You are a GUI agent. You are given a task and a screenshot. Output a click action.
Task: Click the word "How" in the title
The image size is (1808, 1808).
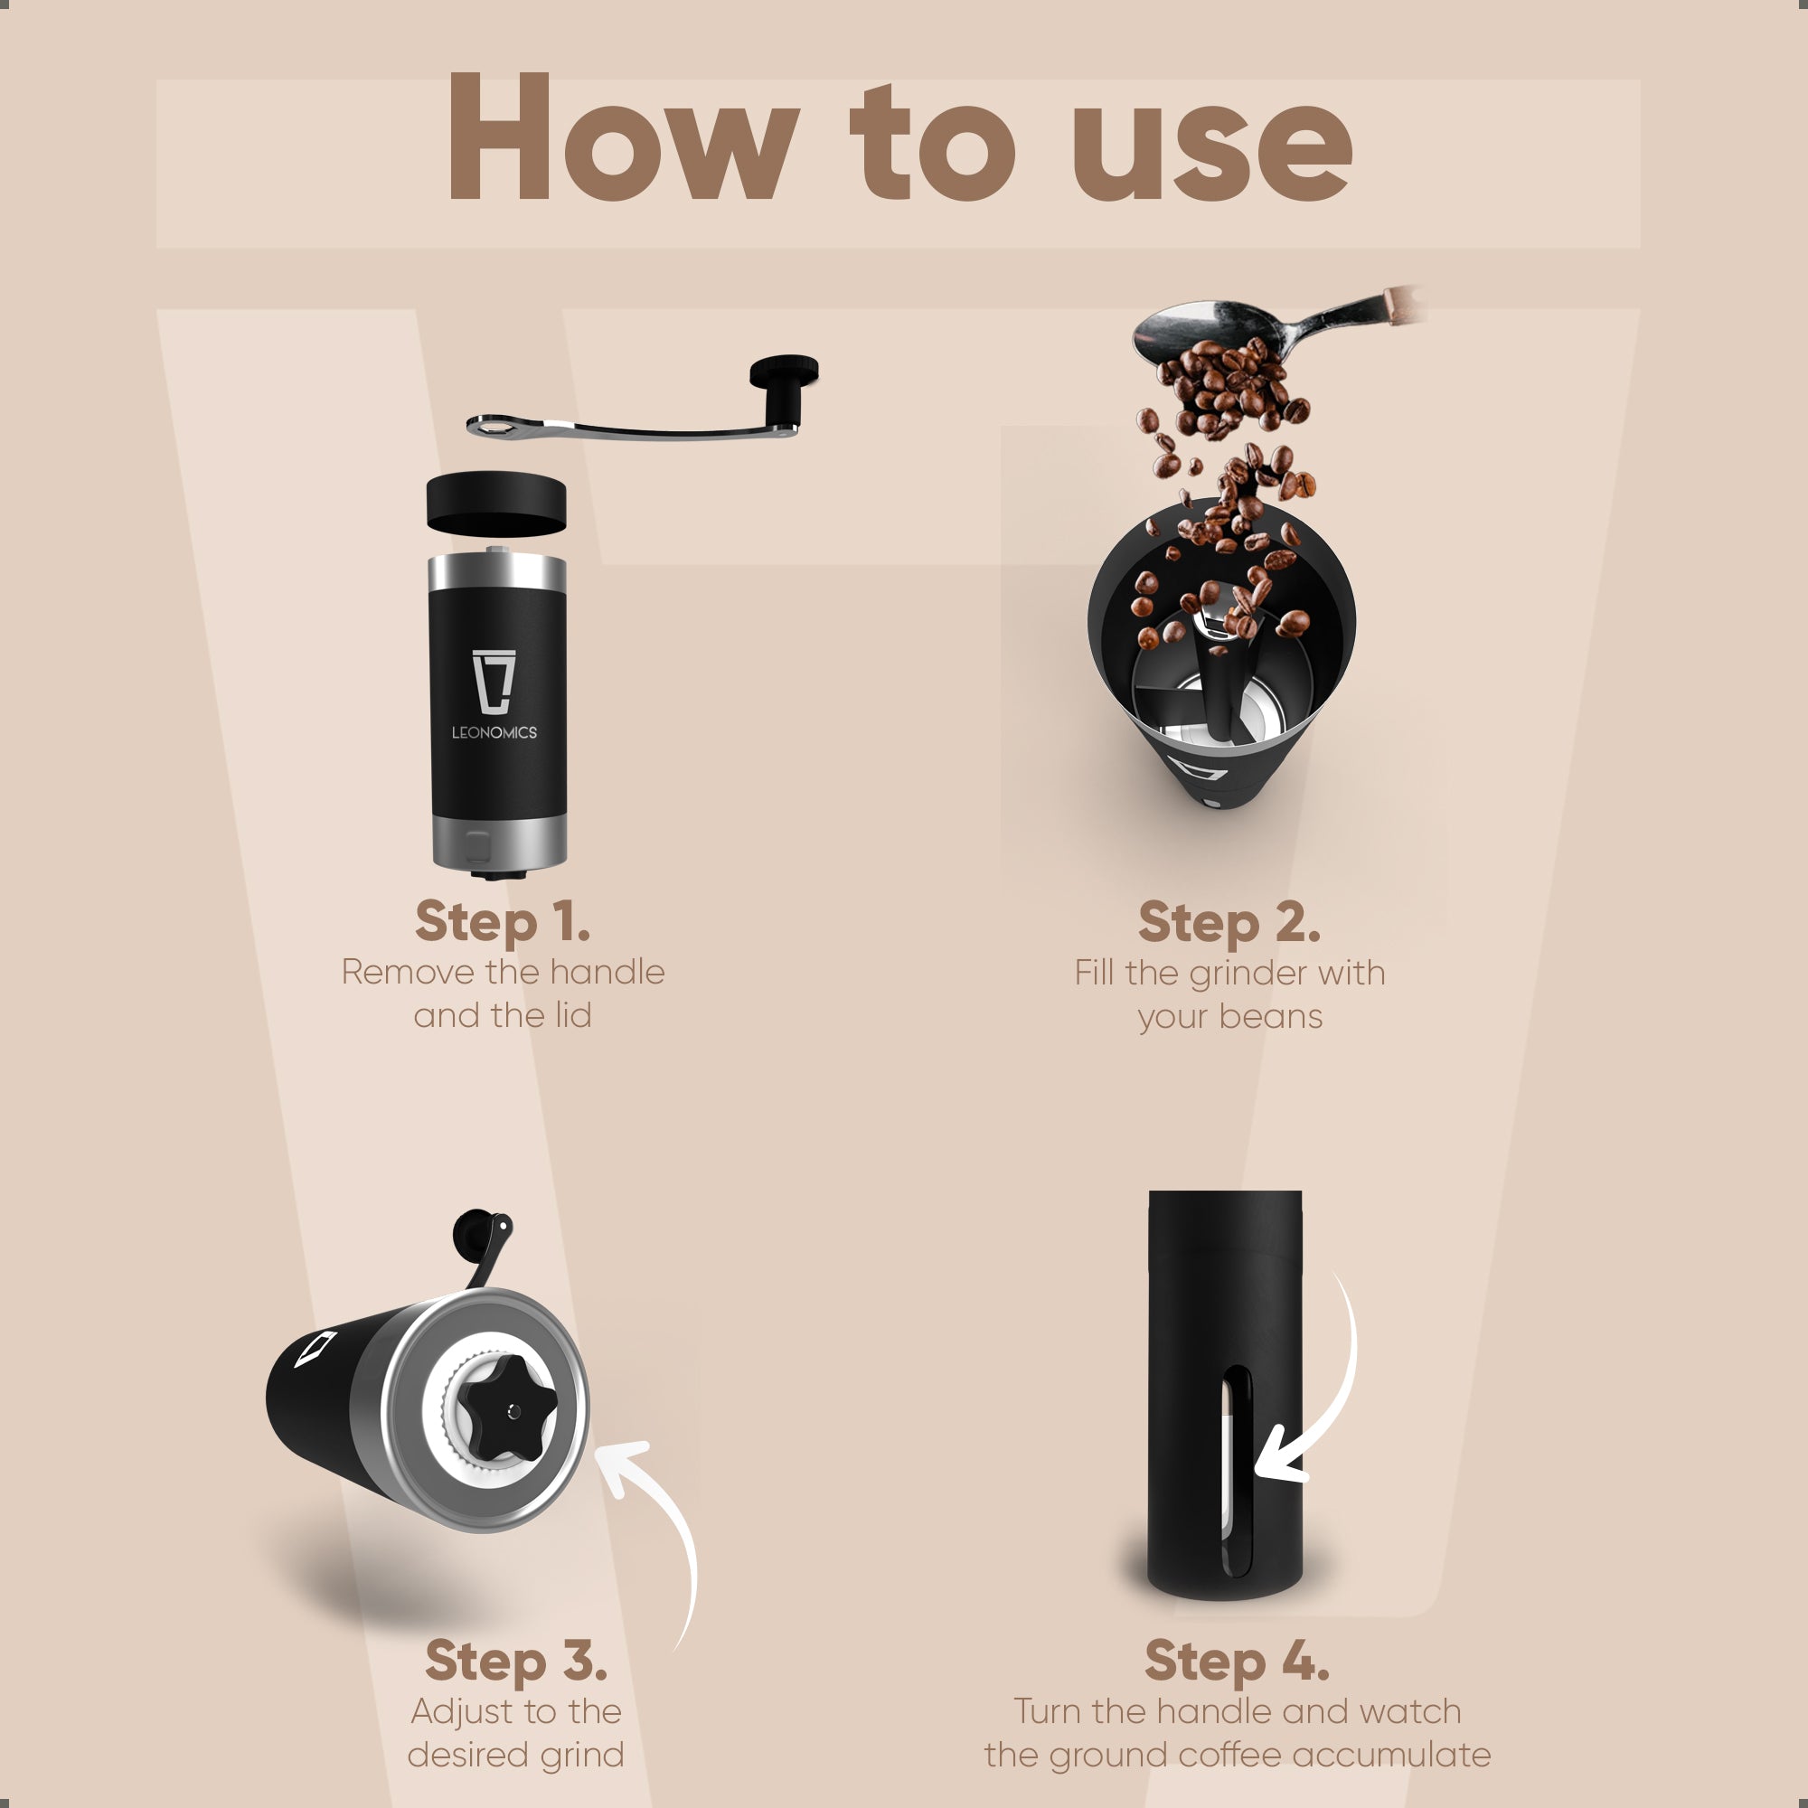621,138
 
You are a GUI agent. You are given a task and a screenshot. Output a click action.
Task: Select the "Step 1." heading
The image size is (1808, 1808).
503,922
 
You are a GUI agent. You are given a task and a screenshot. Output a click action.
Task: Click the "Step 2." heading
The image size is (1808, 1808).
1229,923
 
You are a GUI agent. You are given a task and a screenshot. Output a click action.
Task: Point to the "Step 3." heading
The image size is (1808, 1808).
515,1661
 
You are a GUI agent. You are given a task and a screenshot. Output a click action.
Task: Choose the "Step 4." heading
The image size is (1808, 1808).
1236,1661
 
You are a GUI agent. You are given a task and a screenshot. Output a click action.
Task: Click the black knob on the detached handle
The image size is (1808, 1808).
783,388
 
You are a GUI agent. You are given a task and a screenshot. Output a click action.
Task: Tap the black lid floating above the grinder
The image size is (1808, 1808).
496,504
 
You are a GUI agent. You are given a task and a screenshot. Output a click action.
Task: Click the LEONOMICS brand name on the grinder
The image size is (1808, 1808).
494,733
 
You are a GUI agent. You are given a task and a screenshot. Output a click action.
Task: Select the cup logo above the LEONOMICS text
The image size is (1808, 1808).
494,682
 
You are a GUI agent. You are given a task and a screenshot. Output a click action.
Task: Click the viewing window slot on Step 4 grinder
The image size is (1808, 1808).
1238,1469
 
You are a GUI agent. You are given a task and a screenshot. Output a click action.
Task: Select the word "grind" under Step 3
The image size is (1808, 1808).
581,1755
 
